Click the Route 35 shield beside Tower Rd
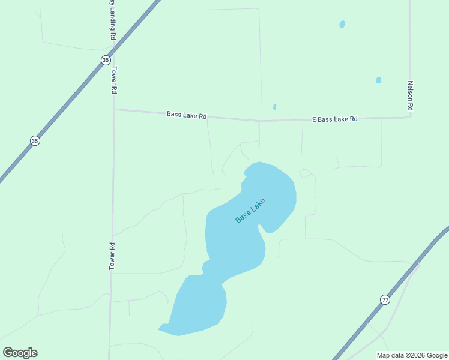[x=106, y=59]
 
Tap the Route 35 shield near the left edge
[x=35, y=140]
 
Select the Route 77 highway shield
[x=385, y=299]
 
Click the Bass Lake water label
[x=250, y=211]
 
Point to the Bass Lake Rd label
[x=187, y=115]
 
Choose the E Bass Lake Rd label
[x=335, y=119]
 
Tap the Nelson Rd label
[x=411, y=95]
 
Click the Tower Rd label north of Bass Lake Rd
[x=113, y=79]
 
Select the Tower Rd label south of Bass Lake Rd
[x=112, y=256]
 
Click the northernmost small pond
[x=342, y=25]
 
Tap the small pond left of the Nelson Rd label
[x=379, y=80]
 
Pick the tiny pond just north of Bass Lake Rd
[x=275, y=107]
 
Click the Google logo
[x=20, y=353]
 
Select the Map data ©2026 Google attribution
[x=412, y=355]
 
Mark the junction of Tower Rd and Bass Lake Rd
[x=114, y=110]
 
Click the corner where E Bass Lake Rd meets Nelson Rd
[x=411, y=117]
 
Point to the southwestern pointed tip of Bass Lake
[x=160, y=328]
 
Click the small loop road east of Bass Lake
[x=307, y=173]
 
